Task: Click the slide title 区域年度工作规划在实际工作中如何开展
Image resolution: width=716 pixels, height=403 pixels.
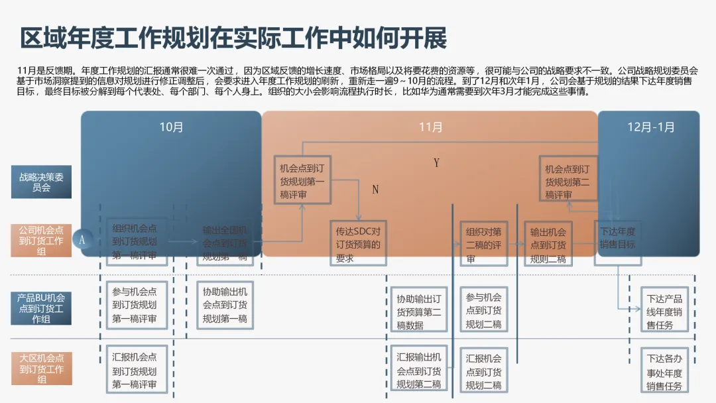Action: (x=233, y=38)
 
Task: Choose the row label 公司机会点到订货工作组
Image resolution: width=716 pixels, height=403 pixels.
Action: (x=41, y=241)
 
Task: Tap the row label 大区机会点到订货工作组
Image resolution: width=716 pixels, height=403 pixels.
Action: (x=41, y=369)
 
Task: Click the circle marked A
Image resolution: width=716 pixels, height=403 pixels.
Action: (x=82, y=240)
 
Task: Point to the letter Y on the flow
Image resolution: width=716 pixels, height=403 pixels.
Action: (x=436, y=163)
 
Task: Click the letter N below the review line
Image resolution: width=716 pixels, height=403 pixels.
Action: (x=375, y=190)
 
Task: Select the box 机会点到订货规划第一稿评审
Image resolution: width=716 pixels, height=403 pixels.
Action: (x=302, y=179)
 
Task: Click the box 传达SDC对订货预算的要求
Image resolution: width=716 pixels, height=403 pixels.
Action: (x=358, y=243)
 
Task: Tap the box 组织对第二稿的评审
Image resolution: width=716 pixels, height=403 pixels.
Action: (x=483, y=243)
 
